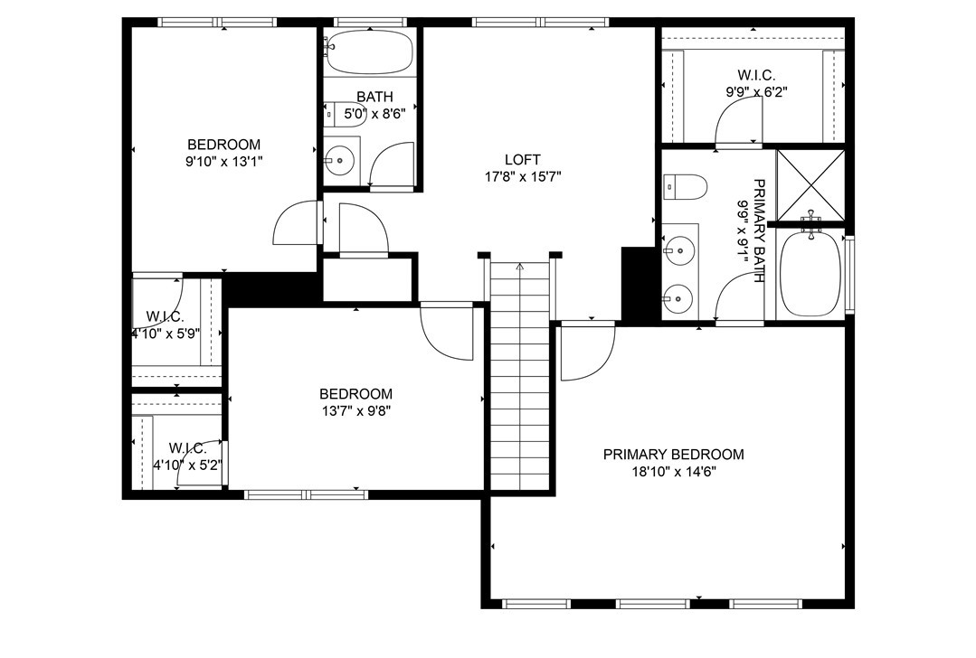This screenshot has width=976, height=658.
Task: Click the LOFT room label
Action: (523, 160)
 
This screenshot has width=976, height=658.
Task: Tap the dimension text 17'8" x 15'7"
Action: (523, 177)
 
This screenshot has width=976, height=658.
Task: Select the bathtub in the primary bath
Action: (810, 271)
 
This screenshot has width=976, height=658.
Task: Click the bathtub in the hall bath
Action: (370, 52)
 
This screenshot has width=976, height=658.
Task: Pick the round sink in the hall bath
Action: (339, 160)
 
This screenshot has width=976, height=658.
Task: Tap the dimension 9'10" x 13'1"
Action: (223, 161)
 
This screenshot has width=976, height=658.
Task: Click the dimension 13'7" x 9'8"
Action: (355, 410)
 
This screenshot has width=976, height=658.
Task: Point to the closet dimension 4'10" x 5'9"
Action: (165, 333)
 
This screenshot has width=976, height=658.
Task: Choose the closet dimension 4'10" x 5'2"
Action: (187, 465)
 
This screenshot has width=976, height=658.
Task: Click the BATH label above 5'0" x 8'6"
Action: (374, 97)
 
